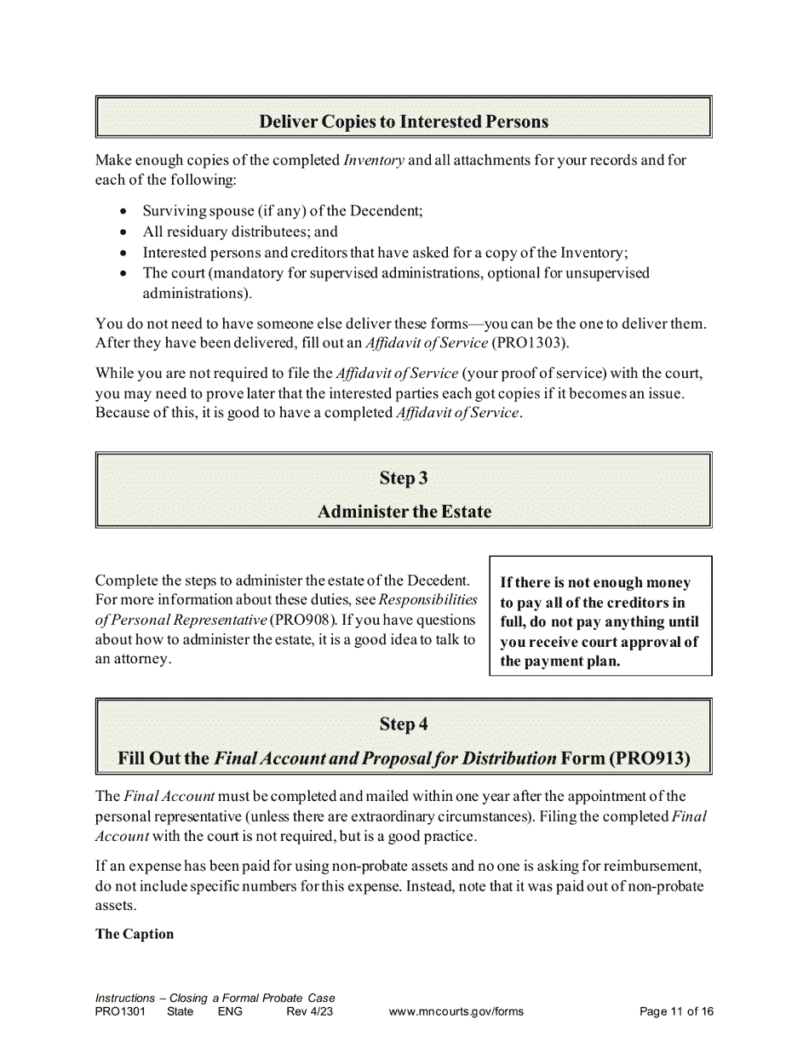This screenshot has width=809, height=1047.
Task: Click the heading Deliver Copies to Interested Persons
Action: tap(404, 122)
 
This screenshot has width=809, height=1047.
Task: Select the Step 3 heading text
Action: tap(404, 478)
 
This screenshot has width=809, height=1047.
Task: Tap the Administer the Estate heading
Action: tap(404, 512)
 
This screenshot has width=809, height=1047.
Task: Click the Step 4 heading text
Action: tap(404, 724)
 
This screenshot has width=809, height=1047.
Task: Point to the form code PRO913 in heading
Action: tap(649, 758)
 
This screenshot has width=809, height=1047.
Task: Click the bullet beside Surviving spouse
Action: tap(125, 211)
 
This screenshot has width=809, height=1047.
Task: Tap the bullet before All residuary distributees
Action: tap(125, 232)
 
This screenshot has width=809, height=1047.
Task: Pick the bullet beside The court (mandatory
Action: tap(125, 274)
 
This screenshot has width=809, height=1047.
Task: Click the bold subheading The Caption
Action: tap(135, 934)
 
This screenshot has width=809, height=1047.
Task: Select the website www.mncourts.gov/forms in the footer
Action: tap(456, 1011)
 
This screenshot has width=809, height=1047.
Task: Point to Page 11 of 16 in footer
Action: tap(676, 1011)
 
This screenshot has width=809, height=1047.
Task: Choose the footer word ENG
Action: tap(230, 1011)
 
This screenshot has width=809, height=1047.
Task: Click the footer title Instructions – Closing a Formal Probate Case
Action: tap(215, 998)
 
